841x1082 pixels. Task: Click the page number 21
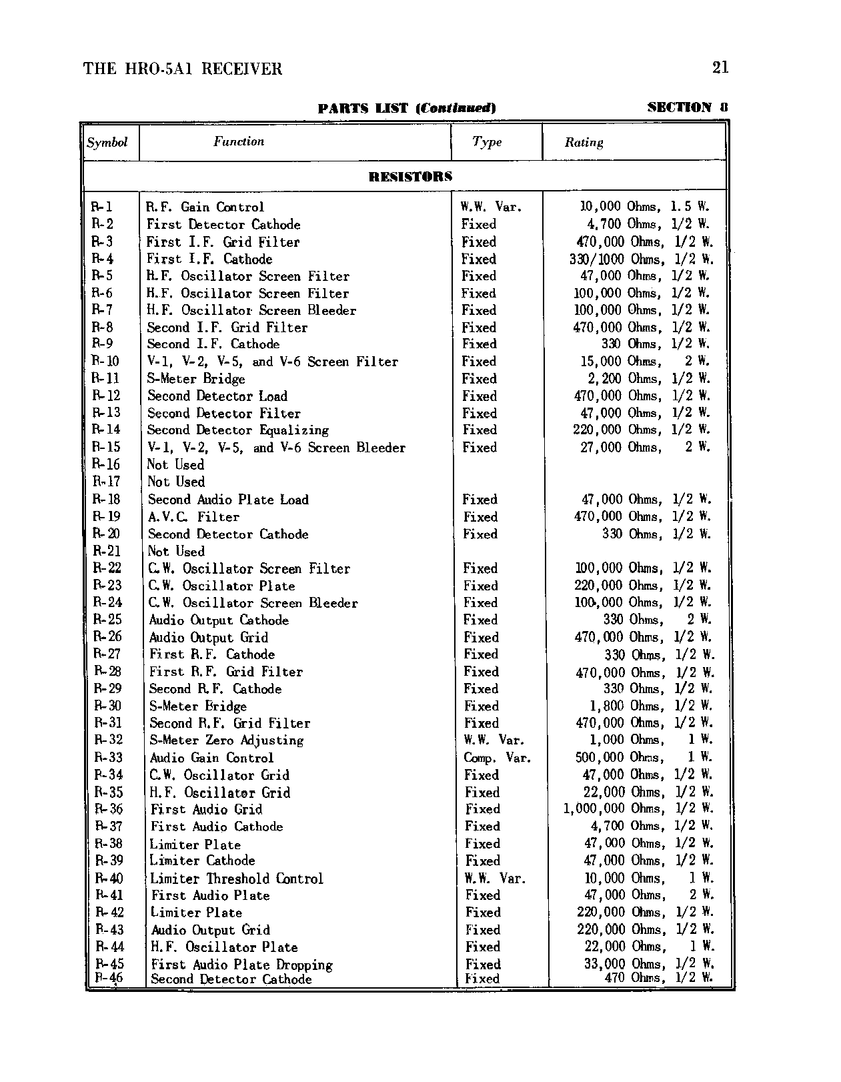pyautogui.click(x=720, y=67)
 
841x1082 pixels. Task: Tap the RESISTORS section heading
pyautogui.click(x=410, y=177)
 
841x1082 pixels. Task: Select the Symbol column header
pyautogui.click(x=107, y=142)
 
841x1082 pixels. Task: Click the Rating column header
pyautogui.click(x=584, y=142)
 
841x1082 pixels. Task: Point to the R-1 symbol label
pyautogui.click(x=102, y=207)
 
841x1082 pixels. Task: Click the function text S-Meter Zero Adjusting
pyautogui.click(x=226, y=740)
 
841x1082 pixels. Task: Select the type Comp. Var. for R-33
pyautogui.click(x=497, y=758)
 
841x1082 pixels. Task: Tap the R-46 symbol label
pyautogui.click(x=109, y=979)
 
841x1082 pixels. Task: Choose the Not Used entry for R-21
pyautogui.click(x=176, y=551)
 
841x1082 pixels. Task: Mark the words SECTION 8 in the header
pyautogui.click(x=688, y=107)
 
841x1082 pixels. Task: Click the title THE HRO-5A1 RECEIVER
pyautogui.click(x=183, y=69)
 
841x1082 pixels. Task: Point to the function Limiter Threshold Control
pyautogui.click(x=236, y=879)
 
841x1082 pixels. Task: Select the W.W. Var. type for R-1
pyautogui.click(x=492, y=207)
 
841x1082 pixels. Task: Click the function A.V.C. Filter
pyautogui.click(x=193, y=517)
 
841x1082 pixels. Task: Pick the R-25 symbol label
pyautogui.click(x=107, y=620)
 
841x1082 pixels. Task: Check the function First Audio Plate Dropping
pyautogui.click(x=241, y=965)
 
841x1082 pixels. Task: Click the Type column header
pyautogui.click(x=487, y=142)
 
